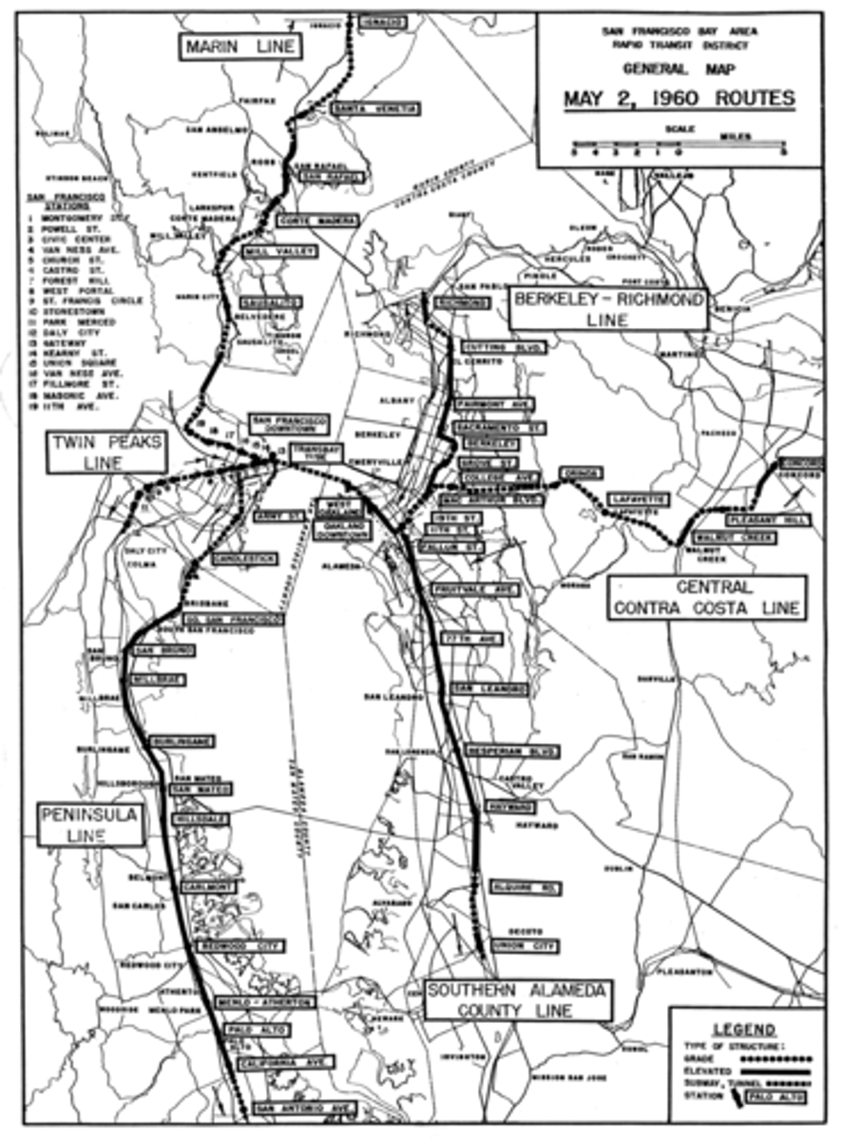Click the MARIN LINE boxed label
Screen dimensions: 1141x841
[241, 47]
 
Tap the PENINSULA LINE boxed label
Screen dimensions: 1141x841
[91, 824]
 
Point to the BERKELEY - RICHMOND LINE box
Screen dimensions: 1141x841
[608, 310]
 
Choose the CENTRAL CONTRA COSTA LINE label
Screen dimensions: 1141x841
[707, 597]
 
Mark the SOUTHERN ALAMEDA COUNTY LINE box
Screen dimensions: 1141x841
[517, 999]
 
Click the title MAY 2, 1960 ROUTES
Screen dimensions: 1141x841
[679, 99]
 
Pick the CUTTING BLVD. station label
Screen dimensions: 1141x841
[503, 348]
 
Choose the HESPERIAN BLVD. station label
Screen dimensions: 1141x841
[510, 751]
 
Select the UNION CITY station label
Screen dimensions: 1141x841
[519, 947]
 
